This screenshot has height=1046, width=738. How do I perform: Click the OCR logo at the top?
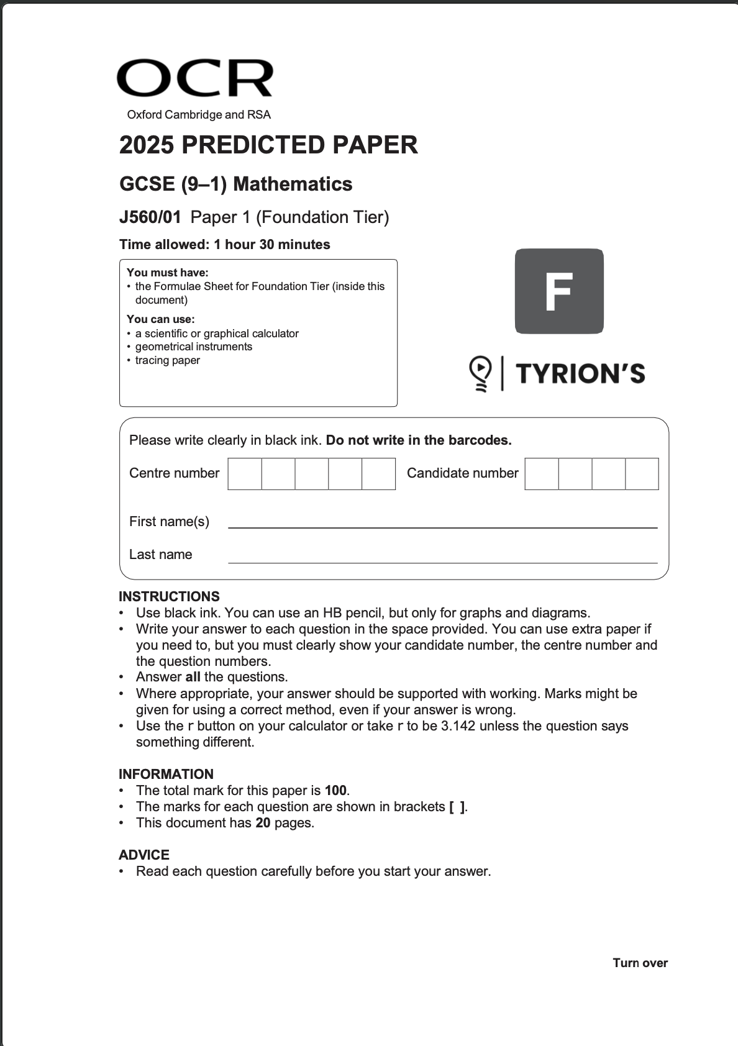(194, 79)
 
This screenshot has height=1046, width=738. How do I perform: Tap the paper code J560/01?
(150, 217)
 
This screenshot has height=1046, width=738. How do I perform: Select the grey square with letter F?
(559, 291)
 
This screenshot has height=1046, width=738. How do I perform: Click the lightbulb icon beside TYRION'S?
(480, 373)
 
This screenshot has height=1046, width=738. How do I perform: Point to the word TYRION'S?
(580, 374)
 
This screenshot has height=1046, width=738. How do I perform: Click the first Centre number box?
(245, 474)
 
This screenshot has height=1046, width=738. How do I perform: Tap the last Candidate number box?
(642, 474)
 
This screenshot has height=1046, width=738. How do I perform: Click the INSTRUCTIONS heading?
(169, 596)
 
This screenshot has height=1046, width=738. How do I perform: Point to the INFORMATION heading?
(166, 774)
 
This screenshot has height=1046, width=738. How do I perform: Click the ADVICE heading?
(144, 855)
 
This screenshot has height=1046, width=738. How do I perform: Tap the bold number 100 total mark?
(335, 791)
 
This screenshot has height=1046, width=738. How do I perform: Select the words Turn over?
(640, 963)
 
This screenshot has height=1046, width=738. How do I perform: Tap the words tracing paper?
(168, 360)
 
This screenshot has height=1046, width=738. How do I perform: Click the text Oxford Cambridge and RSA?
(199, 115)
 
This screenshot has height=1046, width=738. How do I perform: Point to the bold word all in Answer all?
(193, 677)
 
